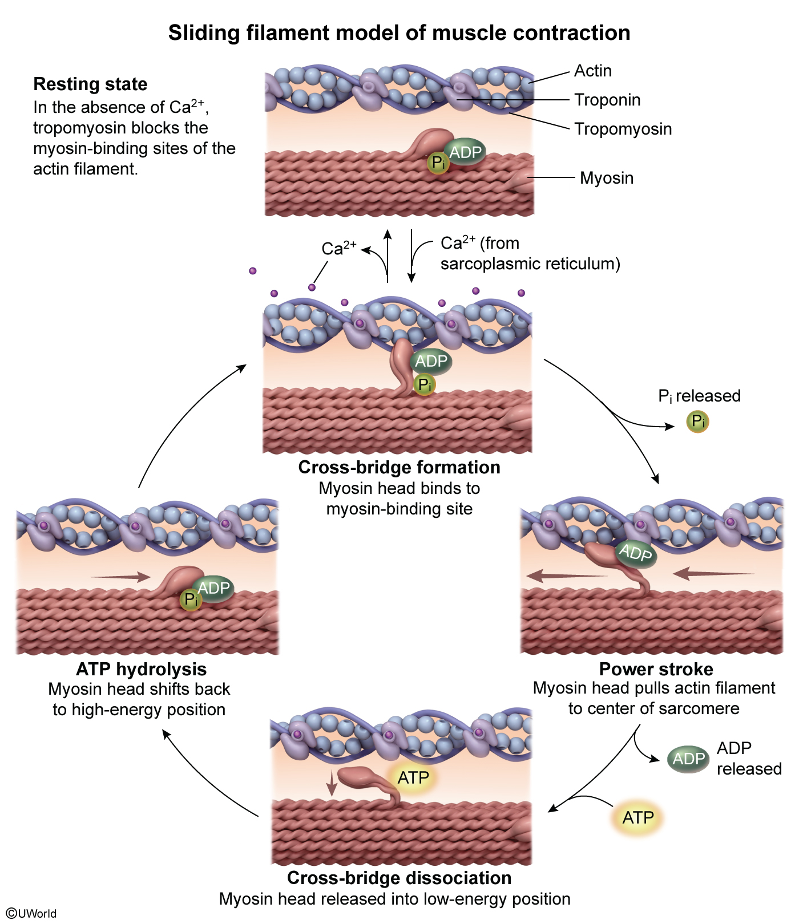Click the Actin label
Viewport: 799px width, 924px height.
pos(593,71)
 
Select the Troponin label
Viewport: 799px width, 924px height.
pos(607,100)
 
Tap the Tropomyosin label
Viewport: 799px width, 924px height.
pos(623,129)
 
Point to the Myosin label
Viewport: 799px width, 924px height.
pos(607,178)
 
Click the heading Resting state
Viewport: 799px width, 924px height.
pos(90,84)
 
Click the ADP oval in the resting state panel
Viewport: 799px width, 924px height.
pos(465,152)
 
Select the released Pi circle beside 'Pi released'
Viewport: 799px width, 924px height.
pos(697,422)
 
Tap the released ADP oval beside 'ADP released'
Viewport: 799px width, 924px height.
pos(689,759)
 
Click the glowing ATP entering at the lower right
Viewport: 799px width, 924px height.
pos(638,818)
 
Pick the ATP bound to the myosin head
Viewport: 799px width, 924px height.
pos(413,777)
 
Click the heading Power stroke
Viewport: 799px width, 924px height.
pos(656,669)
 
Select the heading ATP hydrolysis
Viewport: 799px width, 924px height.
pos(142,669)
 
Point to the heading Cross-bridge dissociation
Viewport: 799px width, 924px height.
pos(399,878)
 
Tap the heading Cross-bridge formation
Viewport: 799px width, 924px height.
pos(399,468)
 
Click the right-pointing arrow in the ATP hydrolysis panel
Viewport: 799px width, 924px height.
pos(120,577)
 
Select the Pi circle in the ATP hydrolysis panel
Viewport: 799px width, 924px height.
pos(191,599)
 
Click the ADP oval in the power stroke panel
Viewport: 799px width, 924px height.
pos(636,553)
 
